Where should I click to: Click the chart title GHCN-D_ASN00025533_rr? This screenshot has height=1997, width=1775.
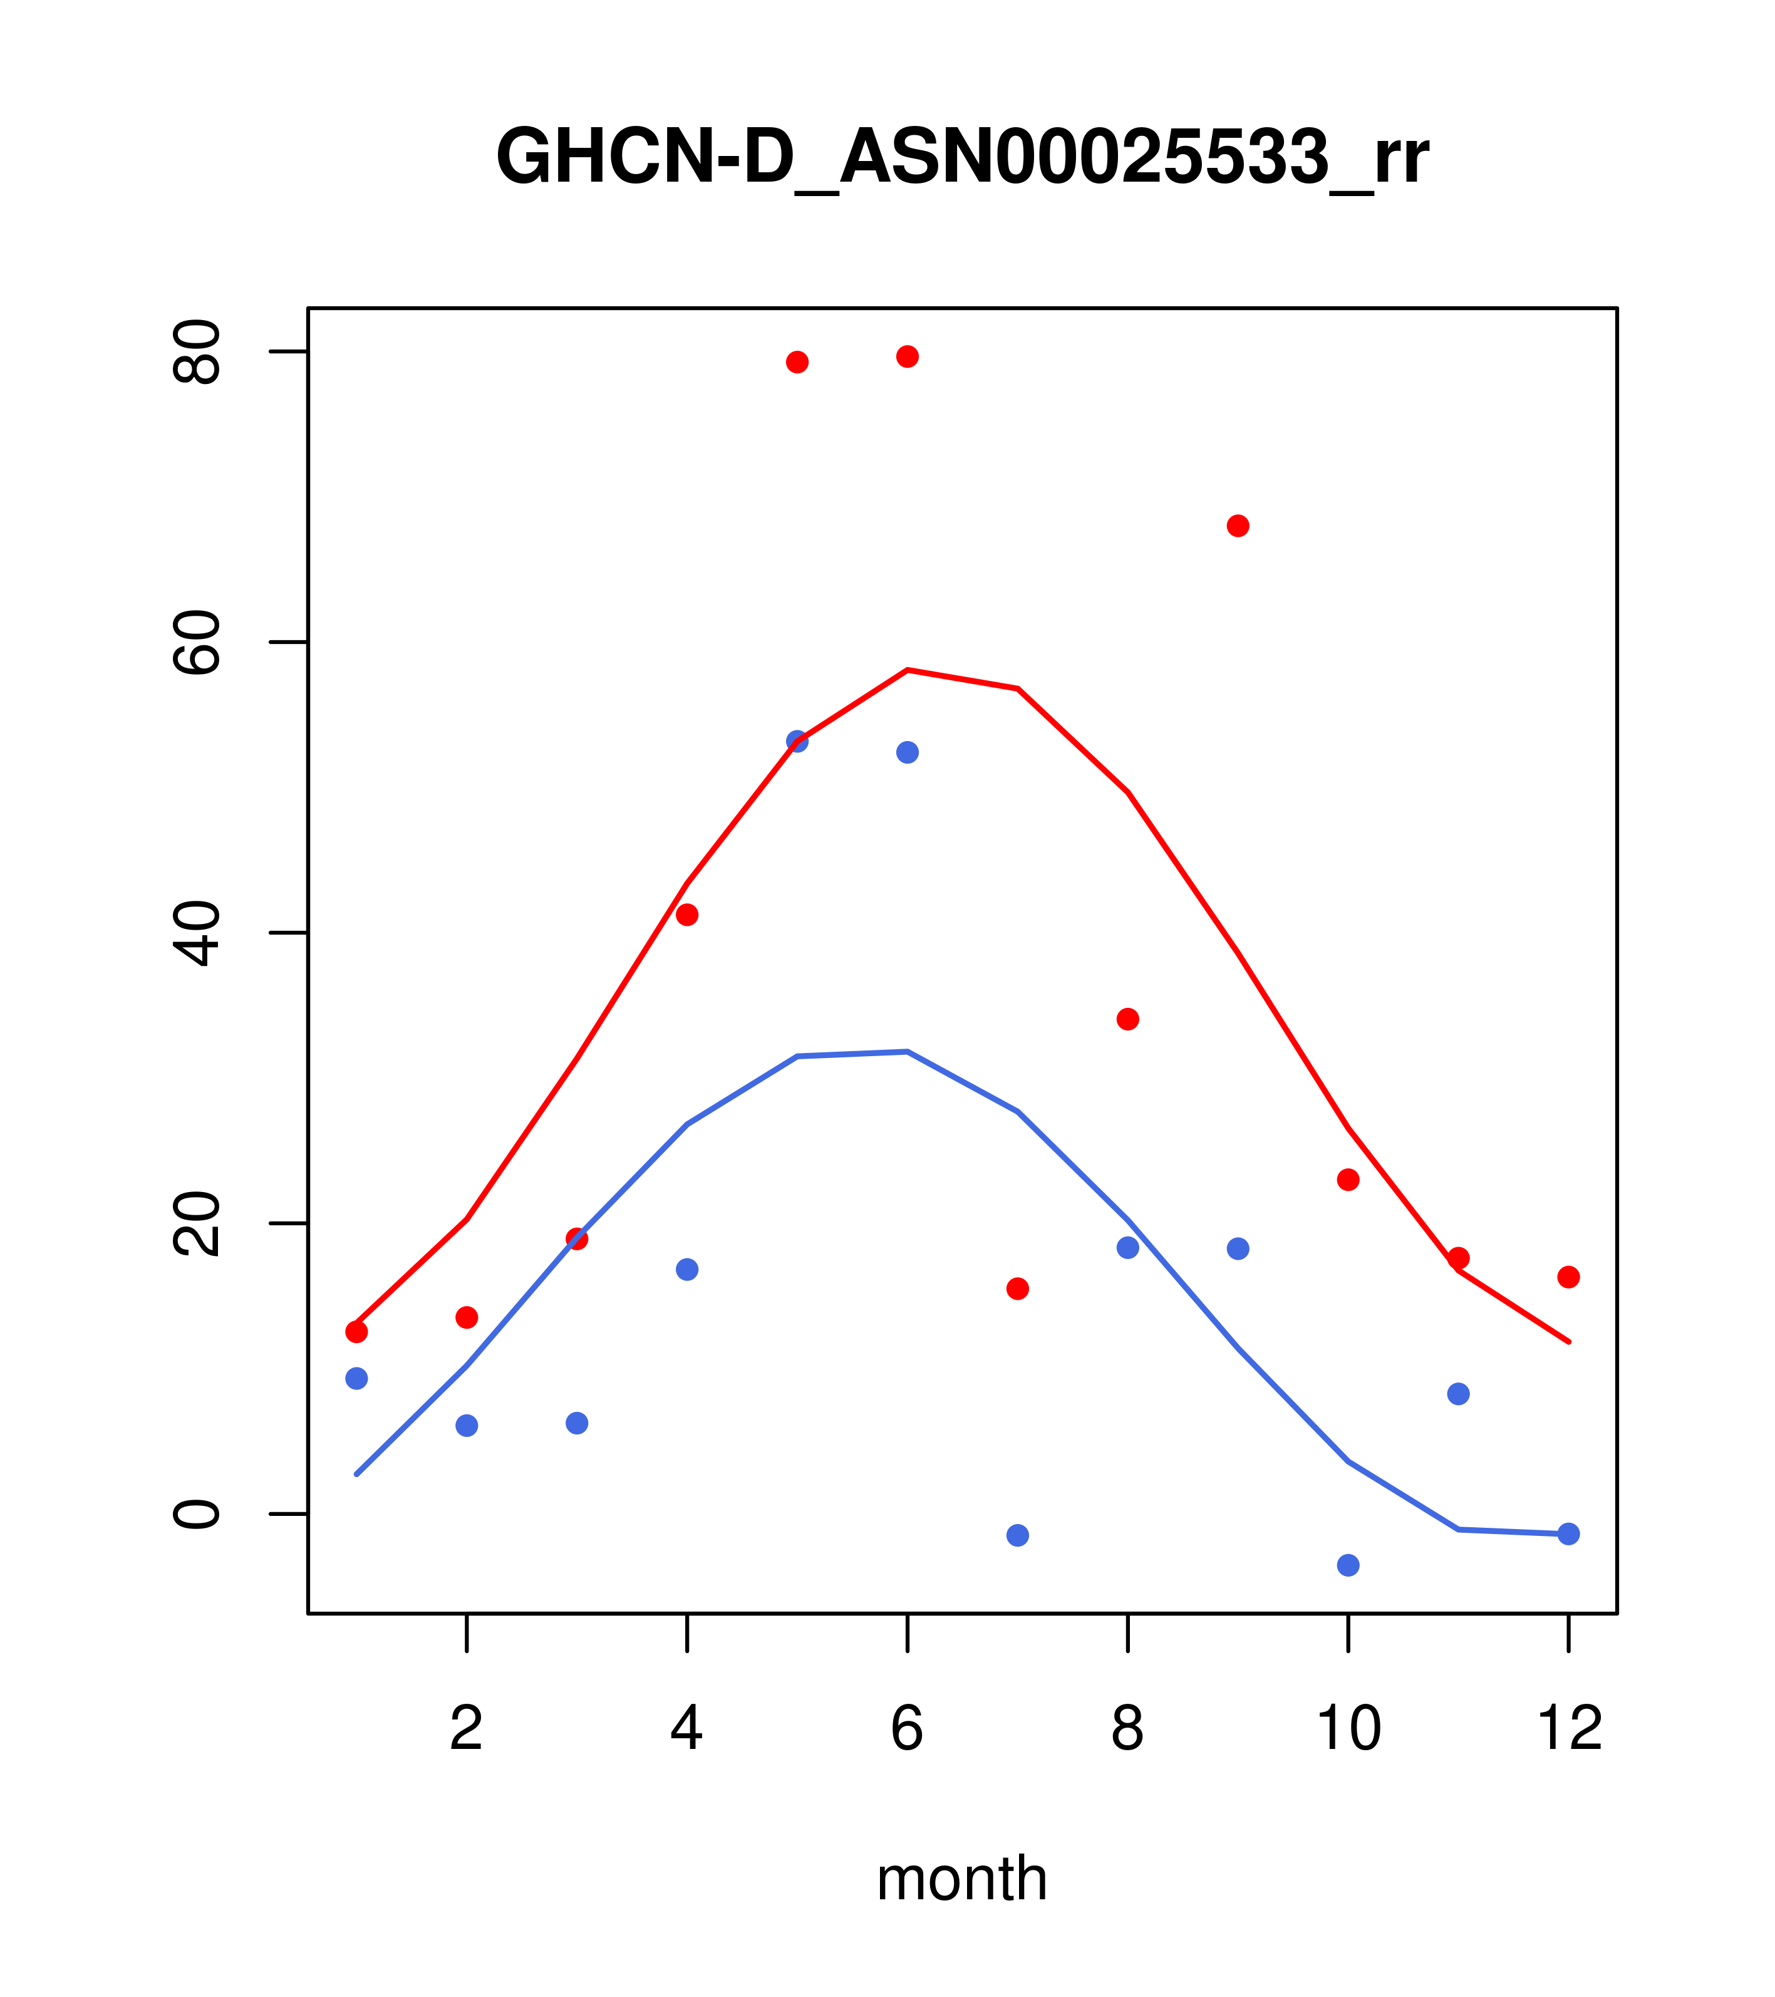[962, 158]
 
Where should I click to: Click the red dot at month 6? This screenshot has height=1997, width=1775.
[908, 356]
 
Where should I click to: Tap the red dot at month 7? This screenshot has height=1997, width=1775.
[1018, 1289]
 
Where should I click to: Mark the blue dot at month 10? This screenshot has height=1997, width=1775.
[1348, 1565]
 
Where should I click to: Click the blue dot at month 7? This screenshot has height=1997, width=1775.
[1018, 1535]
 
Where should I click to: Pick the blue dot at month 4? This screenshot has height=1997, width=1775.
[688, 1269]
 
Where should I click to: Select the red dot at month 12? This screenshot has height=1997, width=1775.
[1569, 1277]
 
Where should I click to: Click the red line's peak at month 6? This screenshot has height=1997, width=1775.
[908, 670]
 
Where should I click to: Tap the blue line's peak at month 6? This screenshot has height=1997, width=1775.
[908, 1051]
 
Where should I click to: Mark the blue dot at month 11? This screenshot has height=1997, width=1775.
[1459, 1393]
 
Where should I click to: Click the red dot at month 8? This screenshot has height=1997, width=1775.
[1128, 1019]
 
